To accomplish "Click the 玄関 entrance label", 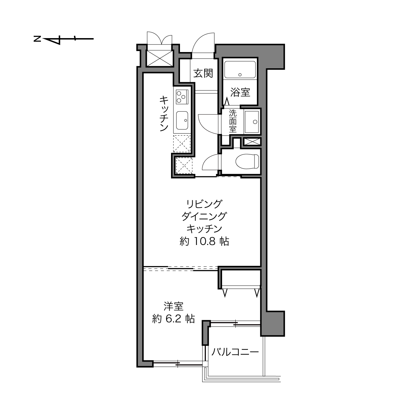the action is (x=203, y=74).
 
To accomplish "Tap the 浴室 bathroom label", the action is (x=240, y=92).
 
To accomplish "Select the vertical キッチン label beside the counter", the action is (x=164, y=113).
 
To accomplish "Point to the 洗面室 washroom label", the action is (x=233, y=121).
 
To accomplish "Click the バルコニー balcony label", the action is (x=235, y=352).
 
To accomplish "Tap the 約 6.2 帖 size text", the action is (x=174, y=319).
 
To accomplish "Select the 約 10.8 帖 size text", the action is (x=204, y=242).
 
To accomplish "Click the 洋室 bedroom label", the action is (x=174, y=307).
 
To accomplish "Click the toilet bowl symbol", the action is (x=247, y=161).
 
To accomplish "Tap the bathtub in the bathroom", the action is (x=240, y=70).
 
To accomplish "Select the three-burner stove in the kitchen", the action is (x=182, y=97).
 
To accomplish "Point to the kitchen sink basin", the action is (x=182, y=120).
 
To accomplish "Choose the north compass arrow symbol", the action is (x=64, y=39).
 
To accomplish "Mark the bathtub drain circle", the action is (x=240, y=75).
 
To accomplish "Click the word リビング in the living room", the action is (x=204, y=204).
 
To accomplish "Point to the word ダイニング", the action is (x=204, y=216).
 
